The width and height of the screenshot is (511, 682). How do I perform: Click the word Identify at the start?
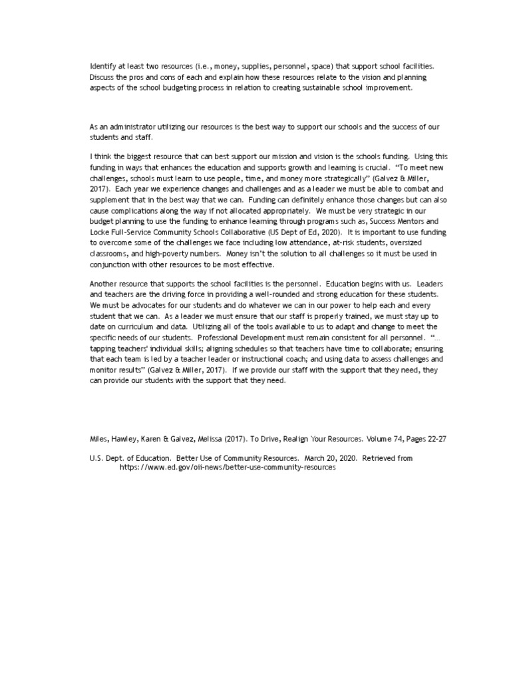click(x=102, y=67)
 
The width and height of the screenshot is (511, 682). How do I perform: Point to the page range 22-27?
click(x=425, y=440)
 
